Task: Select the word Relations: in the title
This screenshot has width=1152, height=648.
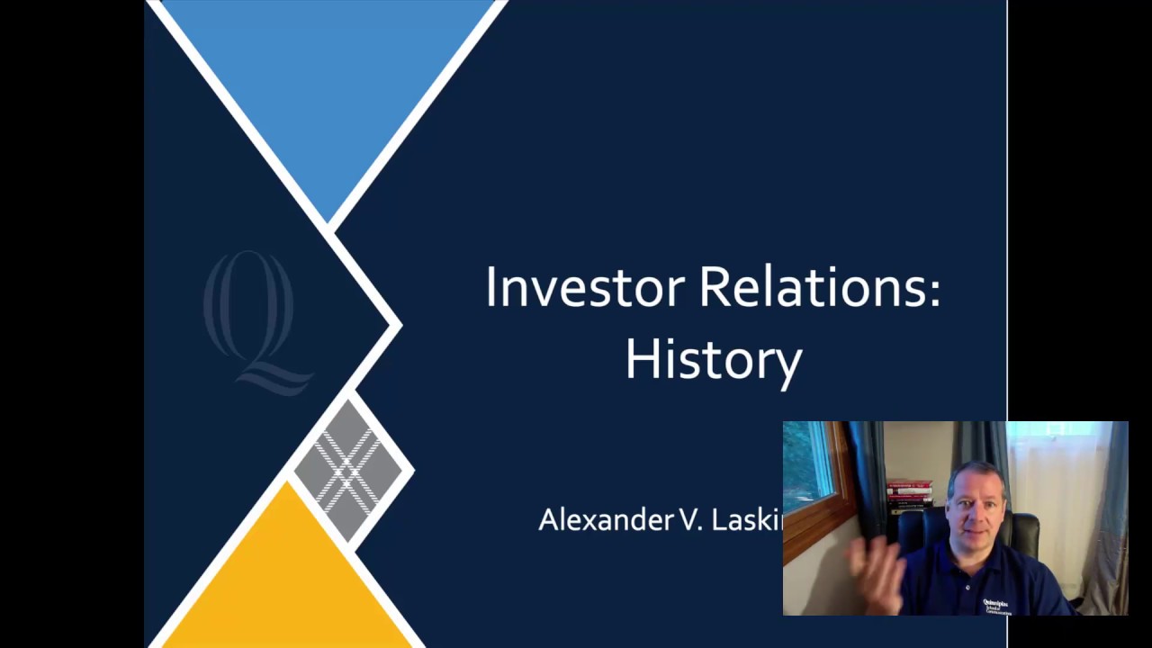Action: point(819,288)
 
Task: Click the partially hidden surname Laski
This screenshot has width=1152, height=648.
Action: point(747,520)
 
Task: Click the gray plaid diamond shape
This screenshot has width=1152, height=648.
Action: point(349,469)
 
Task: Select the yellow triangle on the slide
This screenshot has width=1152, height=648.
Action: point(288,576)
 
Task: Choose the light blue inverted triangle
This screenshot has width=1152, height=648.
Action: point(328,81)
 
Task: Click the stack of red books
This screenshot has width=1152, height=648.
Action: point(909,496)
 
